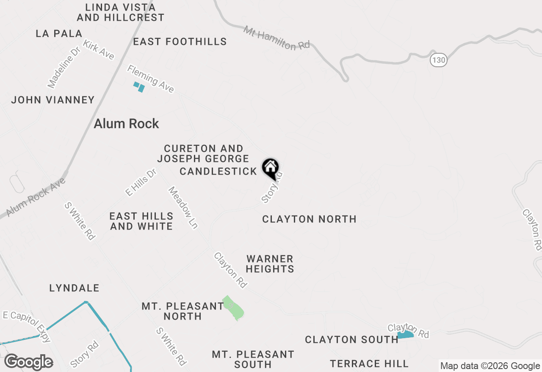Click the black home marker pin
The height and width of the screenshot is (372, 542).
tap(271, 167)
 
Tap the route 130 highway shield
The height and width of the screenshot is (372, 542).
tap(439, 60)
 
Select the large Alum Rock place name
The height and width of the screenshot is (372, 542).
tap(126, 124)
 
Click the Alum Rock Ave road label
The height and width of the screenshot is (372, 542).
tap(36, 197)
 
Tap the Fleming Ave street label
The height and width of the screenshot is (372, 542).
tap(151, 79)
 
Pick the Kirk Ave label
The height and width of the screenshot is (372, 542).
tap(99, 50)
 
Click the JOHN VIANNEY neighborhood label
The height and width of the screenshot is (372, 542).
tap(53, 100)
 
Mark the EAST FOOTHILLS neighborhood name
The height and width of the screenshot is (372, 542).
tap(180, 42)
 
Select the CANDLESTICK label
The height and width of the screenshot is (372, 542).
tap(218, 171)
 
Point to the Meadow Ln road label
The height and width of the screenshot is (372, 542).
tap(183, 208)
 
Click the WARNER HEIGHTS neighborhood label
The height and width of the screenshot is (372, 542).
tap(270, 264)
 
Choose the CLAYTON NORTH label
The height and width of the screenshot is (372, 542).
tap(309, 219)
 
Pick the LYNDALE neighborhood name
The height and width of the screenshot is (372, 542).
tap(74, 288)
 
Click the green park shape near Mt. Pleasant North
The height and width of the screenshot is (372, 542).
tap(233, 308)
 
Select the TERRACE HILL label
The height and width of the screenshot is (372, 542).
tap(369, 364)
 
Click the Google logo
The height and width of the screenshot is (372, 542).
tap(28, 362)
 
